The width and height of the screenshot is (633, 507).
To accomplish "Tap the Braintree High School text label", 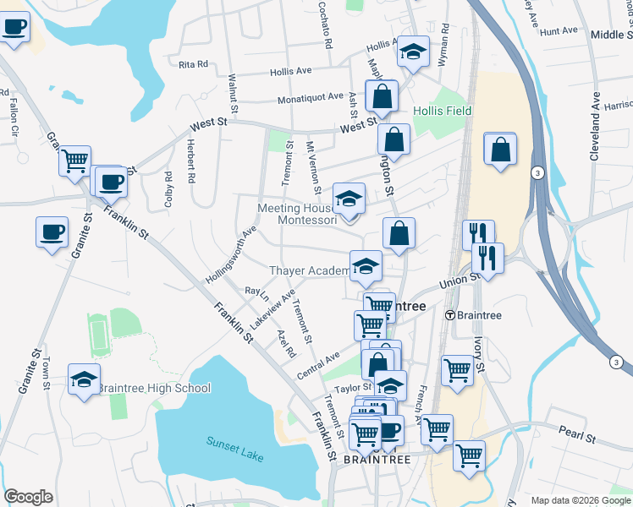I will [x=154, y=388].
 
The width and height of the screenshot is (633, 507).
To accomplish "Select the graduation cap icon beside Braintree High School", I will [x=85, y=381].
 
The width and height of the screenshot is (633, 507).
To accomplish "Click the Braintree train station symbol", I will [x=449, y=315].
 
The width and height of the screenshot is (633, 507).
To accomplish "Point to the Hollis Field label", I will [x=443, y=111].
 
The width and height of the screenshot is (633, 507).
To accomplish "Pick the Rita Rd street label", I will [x=193, y=63].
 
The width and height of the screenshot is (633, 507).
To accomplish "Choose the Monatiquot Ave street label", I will [x=311, y=98].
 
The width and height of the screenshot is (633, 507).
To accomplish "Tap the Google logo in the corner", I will [x=28, y=497].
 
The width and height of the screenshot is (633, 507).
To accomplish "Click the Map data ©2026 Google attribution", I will [x=581, y=500].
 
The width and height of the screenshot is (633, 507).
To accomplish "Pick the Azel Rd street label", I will [x=284, y=341].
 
